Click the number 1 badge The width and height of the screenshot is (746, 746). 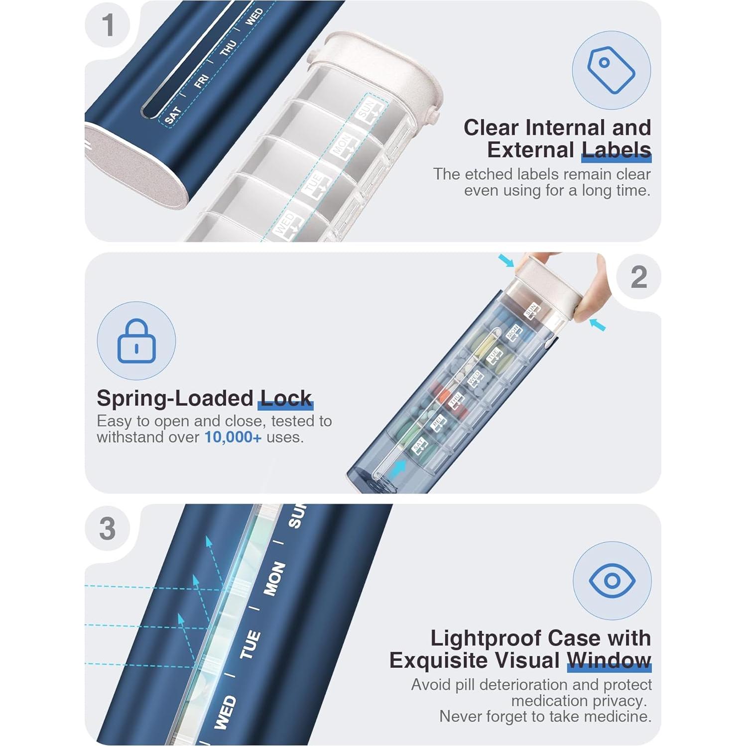(x=108, y=25)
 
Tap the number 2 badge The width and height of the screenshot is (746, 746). (x=638, y=277)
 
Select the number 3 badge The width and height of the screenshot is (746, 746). (x=108, y=528)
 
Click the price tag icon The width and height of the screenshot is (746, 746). (x=611, y=70)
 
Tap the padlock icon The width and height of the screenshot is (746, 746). (x=136, y=341)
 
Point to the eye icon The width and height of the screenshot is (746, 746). (x=612, y=580)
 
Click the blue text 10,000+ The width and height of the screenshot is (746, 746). (x=233, y=437)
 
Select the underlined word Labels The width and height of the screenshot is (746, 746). (x=616, y=150)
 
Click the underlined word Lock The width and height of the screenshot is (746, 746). (x=286, y=398)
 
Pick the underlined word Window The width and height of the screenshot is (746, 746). (x=609, y=660)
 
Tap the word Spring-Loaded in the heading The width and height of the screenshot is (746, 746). (x=175, y=398)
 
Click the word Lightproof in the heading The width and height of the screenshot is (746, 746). (x=486, y=638)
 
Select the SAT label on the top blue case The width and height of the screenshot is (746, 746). (x=172, y=115)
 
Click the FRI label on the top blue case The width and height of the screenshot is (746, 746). (x=201, y=81)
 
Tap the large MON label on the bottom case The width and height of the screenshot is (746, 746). (x=274, y=579)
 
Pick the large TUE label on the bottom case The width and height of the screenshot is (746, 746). (x=250, y=644)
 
